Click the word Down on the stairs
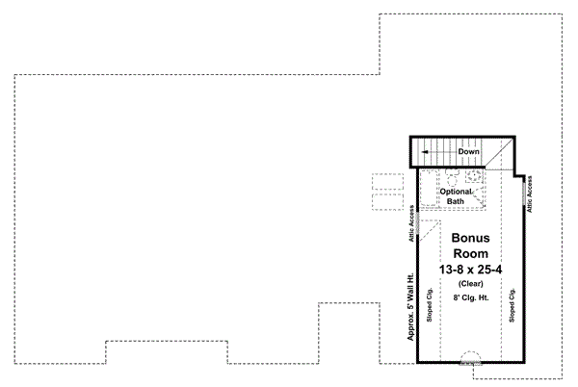point(469,152)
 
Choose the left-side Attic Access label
point(411,223)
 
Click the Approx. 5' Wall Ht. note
point(409,310)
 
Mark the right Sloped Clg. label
point(513,305)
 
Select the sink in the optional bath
point(473,177)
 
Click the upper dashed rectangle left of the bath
point(386,183)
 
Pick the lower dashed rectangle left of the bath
point(386,202)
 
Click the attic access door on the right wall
point(527,193)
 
